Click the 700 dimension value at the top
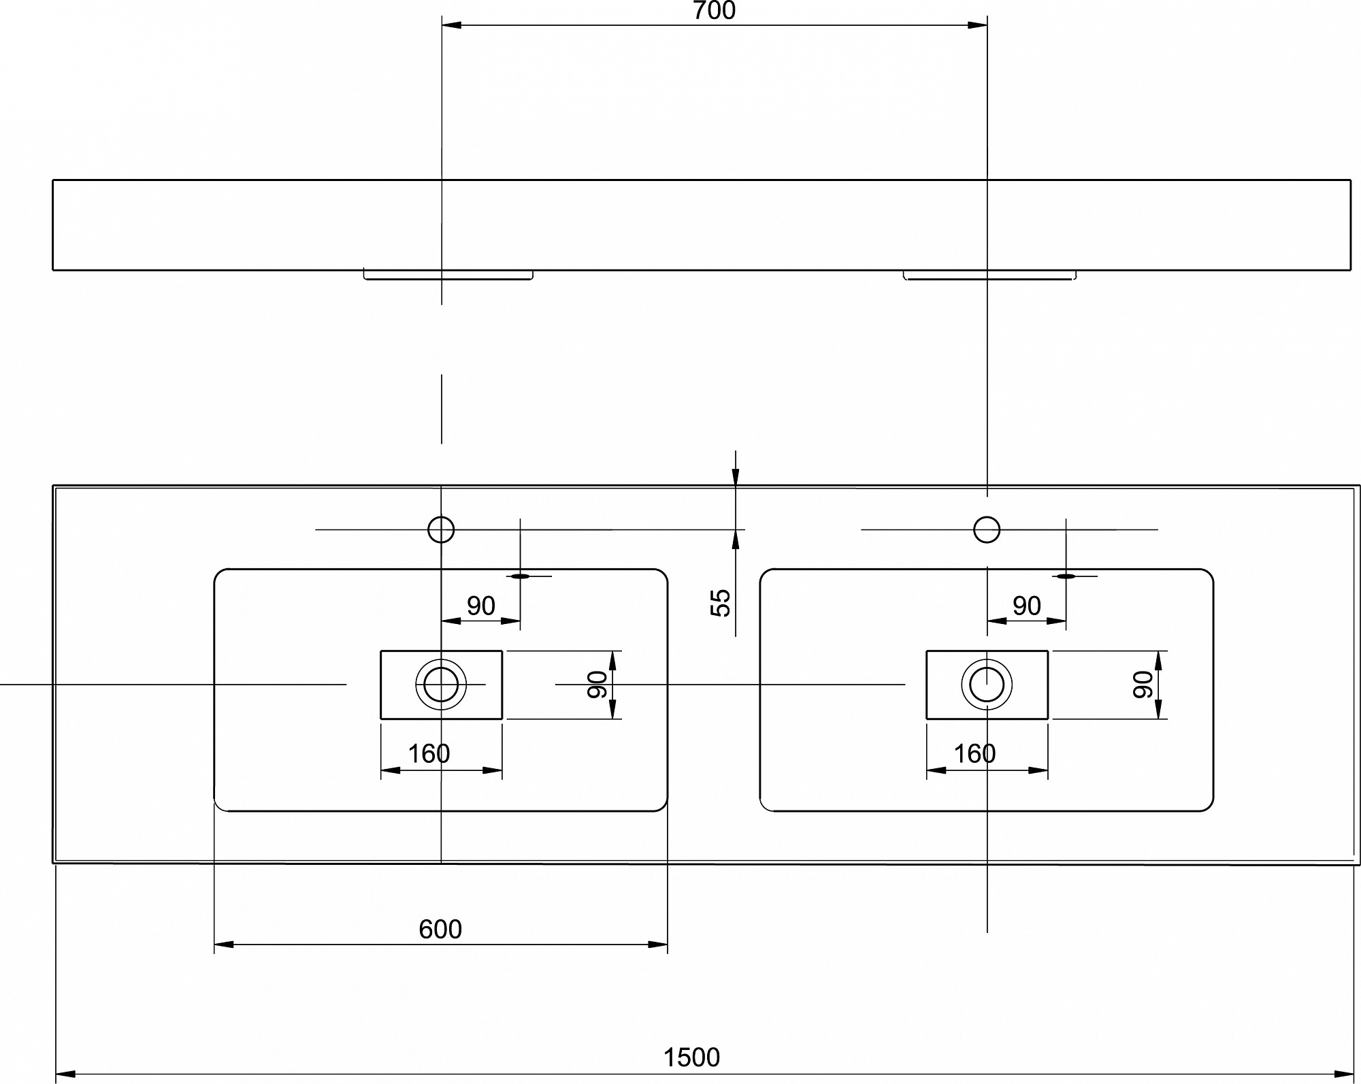point(714,10)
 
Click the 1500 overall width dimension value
point(691,1057)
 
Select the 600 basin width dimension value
point(440,929)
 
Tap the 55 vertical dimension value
point(720,603)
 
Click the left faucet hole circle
point(441,529)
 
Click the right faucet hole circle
point(987,529)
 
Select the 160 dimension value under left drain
point(429,753)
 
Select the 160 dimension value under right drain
point(974,753)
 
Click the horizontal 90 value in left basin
point(481,605)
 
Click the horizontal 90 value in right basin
point(1027,605)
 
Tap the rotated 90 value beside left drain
point(597,685)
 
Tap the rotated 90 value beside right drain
point(1143,685)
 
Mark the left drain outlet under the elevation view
point(448,276)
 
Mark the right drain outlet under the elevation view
point(989,276)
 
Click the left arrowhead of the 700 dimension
point(452,25)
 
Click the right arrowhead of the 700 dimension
point(977,25)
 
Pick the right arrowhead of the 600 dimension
point(657,945)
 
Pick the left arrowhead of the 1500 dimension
point(65,1074)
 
